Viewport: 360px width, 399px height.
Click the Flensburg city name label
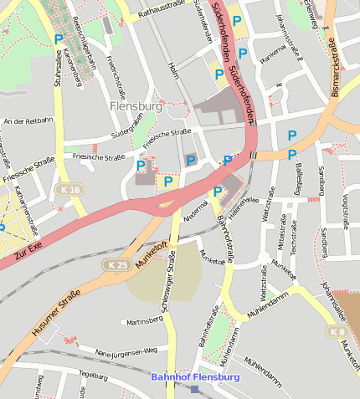pyautogui.click(x=135, y=106)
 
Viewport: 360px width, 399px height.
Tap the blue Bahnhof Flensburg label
pyautogui.click(x=195, y=377)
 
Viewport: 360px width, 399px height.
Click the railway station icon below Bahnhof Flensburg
pyautogui.click(x=195, y=389)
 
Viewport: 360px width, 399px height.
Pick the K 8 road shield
pyautogui.click(x=337, y=332)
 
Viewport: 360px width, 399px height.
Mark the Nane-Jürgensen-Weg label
pyautogui.click(x=126, y=350)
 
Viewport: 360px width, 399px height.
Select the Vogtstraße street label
pyautogui.click(x=345, y=208)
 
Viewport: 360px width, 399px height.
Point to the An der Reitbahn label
pyautogui.click(x=28, y=121)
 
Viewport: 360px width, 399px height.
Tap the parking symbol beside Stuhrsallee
pyautogui.click(x=58, y=39)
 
